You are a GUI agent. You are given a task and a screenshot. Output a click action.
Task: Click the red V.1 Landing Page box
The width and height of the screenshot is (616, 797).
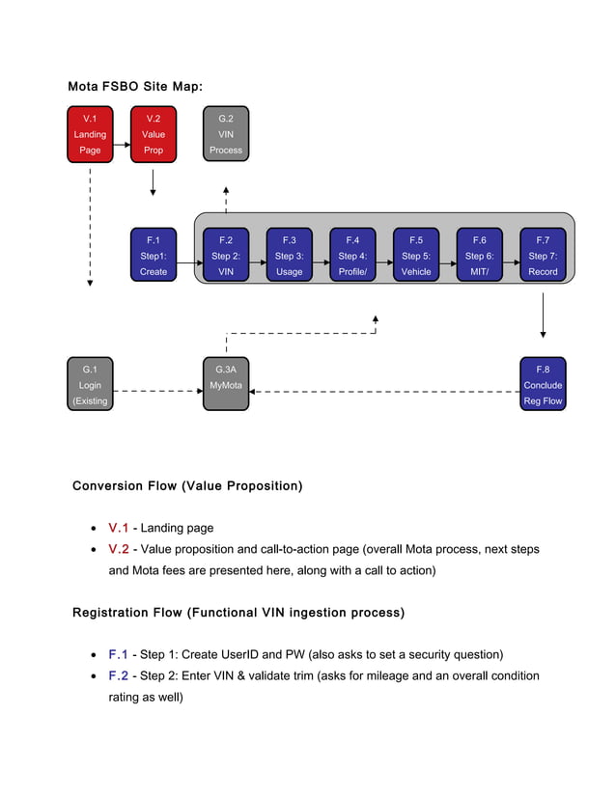click(90, 134)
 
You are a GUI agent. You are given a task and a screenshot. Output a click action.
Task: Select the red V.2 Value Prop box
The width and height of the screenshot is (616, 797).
click(154, 134)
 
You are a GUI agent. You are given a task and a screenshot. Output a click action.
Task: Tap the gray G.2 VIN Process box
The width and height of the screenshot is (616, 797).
click(226, 134)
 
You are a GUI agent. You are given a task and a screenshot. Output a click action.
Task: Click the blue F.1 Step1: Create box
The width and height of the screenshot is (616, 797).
click(154, 256)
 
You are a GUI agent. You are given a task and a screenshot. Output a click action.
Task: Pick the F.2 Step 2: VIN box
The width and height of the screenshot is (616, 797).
click(226, 256)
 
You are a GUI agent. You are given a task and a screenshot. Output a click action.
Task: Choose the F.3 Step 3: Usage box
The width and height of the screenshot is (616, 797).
click(290, 256)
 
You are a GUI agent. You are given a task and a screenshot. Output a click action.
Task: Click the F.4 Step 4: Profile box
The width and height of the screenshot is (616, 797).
click(352, 256)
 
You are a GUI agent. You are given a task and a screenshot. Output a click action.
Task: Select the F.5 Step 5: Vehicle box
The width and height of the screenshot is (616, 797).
click(416, 256)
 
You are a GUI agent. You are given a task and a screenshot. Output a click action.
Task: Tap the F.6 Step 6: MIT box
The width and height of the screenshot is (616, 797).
click(480, 256)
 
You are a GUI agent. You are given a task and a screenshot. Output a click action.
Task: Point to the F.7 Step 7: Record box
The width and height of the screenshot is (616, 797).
click(543, 256)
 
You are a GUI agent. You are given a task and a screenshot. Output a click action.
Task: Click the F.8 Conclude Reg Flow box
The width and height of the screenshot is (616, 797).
click(543, 385)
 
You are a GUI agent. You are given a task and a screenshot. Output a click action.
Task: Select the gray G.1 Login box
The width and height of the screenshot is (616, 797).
click(90, 385)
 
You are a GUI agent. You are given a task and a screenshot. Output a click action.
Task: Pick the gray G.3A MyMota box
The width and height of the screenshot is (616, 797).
click(226, 385)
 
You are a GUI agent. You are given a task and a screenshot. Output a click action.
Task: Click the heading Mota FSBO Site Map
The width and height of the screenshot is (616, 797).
click(134, 87)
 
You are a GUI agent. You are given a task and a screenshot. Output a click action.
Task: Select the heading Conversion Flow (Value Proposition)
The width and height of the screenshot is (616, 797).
click(187, 485)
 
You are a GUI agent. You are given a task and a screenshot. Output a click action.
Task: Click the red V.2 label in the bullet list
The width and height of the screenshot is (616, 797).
click(119, 549)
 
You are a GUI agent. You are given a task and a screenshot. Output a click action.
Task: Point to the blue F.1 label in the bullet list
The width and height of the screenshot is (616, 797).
click(119, 654)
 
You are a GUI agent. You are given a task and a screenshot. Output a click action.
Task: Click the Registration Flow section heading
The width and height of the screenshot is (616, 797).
click(238, 613)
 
